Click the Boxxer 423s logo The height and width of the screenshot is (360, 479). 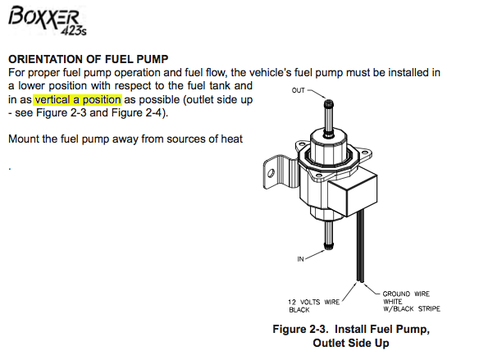point(47,21)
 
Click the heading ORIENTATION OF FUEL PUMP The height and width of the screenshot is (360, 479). point(89,59)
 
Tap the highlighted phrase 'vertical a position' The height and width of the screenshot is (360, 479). point(78,100)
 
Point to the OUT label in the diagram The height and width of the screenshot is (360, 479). point(299,90)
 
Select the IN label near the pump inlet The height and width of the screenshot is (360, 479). point(300,259)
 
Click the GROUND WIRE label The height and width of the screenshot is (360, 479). point(406,294)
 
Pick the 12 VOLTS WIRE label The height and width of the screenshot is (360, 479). point(314,302)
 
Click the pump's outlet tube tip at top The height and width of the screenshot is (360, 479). point(329,103)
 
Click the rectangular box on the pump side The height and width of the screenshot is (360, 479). point(354,194)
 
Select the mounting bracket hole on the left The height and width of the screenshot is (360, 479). point(271,173)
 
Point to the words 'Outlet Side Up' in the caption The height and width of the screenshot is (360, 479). point(351,343)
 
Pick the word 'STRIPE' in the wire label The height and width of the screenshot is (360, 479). point(429,308)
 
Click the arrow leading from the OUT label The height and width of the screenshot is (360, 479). point(317,93)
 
